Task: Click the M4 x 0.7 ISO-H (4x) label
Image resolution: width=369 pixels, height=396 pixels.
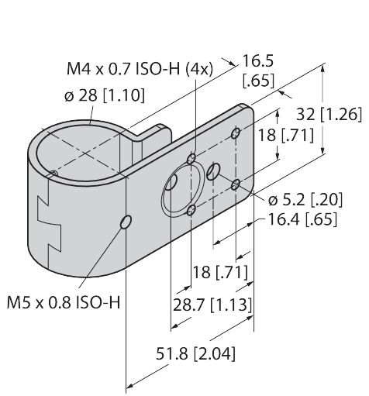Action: coord(140,69)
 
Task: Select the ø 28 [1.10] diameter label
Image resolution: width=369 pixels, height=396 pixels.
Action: coord(105,95)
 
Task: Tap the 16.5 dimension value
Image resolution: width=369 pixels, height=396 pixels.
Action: coord(257,61)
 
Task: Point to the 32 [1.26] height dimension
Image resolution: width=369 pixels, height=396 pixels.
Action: coord(329,114)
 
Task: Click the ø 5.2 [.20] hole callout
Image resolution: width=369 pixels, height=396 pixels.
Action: coord(305,200)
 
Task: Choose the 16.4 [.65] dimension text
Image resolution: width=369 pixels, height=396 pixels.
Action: coord(303,219)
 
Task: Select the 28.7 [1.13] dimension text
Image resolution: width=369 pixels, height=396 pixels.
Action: coord(212,305)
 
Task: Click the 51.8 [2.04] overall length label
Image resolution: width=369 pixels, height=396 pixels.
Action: coord(195,353)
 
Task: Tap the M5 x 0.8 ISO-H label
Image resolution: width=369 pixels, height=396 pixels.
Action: coord(64,302)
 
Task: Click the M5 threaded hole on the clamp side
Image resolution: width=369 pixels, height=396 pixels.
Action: coord(126,222)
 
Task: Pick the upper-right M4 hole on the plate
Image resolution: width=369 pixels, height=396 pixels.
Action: coord(236,133)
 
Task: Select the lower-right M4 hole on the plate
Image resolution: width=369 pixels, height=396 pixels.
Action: coord(236,184)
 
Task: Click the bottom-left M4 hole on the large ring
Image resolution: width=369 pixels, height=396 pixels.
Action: coord(191,210)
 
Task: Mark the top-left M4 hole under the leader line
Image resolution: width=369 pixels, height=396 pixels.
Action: coord(191,159)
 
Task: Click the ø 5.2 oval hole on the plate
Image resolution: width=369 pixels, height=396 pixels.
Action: coord(213,171)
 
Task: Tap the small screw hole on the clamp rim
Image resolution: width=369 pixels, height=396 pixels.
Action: coord(53,173)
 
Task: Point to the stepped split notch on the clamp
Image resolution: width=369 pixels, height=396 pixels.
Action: coord(49,222)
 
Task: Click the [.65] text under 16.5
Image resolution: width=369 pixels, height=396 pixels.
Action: coord(258,81)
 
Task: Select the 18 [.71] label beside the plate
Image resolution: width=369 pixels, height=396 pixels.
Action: coord(286,135)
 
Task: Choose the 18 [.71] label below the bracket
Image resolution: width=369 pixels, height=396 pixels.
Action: coord(220,272)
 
